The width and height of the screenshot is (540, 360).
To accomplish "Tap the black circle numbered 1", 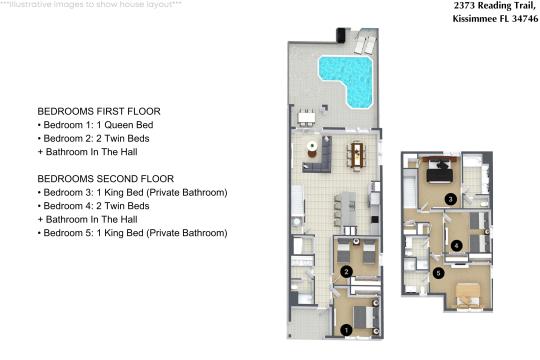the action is [x=346, y=330].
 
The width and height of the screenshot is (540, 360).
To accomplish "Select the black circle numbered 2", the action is [x=346, y=272].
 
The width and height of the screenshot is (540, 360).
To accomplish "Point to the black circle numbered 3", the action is [x=450, y=199].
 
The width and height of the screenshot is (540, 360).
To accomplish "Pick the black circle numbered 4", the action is [x=457, y=246].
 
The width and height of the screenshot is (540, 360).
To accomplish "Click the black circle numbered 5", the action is [x=438, y=273].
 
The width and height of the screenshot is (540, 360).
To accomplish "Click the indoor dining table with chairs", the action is [x=357, y=156].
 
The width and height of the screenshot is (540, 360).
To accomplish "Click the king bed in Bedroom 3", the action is [x=439, y=170].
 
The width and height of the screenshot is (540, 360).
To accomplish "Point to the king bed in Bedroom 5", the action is [x=467, y=295].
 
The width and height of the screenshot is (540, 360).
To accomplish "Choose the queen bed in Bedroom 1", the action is [x=364, y=317].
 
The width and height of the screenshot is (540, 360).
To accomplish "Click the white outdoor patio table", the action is [x=307, y=118].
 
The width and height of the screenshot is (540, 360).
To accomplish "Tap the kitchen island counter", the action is [x=348, y=209].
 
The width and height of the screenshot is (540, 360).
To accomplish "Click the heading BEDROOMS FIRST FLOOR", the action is [x=99, y=111].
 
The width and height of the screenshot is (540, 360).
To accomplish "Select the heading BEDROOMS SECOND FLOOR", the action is [x=106, y=179].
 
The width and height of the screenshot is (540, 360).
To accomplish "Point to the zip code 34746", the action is [x=525, y=19].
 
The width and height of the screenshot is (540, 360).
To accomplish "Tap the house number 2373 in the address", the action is [x=464, y=6].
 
